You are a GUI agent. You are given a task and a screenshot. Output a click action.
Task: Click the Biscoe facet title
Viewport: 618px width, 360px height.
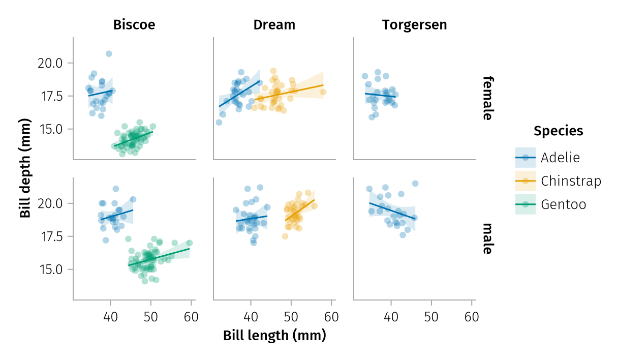134,25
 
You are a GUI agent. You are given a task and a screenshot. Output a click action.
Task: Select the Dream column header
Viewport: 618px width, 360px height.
274,25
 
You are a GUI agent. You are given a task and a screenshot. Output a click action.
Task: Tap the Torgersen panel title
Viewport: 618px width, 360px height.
414,25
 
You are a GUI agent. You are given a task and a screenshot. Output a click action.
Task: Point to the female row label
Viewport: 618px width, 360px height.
487,98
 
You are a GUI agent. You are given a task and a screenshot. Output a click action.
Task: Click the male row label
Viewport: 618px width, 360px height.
487,238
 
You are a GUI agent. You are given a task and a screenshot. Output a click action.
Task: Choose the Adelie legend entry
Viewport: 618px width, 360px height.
560,157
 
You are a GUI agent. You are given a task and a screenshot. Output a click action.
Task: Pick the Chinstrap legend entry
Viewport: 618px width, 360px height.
571,181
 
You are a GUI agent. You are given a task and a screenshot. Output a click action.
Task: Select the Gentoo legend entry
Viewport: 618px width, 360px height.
563,204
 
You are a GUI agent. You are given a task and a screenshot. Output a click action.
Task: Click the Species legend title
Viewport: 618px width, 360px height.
558,131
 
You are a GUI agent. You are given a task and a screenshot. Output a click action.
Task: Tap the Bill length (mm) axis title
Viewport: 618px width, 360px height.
274,336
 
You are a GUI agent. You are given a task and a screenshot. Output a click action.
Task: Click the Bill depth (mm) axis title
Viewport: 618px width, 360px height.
25,168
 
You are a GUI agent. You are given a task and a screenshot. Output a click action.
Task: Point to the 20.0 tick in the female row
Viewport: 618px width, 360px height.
50,63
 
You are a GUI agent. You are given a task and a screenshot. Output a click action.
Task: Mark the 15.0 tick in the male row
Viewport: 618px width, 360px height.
50,269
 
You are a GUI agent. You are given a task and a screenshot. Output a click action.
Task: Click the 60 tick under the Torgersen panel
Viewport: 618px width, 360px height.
472,317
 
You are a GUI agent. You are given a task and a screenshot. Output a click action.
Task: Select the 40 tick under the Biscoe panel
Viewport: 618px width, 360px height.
110,317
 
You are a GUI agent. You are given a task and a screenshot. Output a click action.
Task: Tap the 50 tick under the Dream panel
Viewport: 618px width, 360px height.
291,317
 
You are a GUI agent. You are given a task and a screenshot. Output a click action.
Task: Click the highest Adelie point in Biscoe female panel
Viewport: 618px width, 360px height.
109,53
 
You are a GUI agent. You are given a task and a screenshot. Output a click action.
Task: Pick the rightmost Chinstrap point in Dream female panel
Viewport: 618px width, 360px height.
323,92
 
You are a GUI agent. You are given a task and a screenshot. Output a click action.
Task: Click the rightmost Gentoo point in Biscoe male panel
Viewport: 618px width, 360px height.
190,243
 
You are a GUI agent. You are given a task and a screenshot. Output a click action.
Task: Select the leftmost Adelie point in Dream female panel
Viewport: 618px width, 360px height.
219,122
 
